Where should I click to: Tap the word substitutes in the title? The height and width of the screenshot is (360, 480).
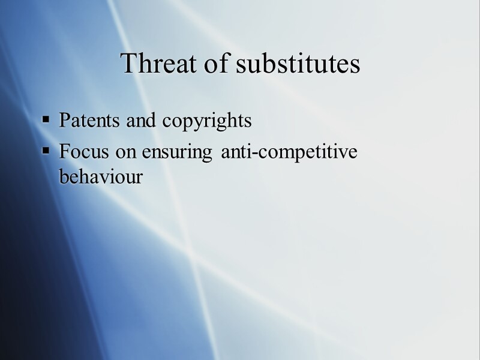298,63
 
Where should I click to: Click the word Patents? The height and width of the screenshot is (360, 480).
90,121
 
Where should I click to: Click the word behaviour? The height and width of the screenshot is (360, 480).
101,177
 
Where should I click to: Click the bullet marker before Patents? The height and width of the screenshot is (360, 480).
46,121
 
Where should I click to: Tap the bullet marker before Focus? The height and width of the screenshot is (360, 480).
46,152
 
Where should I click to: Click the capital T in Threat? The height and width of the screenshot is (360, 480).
128,63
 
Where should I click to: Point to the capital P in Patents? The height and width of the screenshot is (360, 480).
64,121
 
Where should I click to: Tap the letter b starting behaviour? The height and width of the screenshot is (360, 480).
64,177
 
